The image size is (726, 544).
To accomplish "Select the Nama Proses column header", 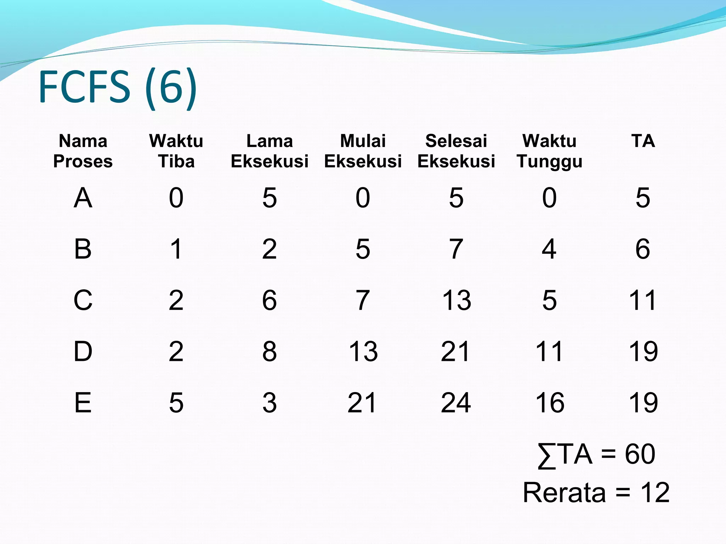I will (83, 151).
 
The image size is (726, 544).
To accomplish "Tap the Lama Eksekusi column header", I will (269, 151).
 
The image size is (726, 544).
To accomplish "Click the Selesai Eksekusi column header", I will (456, 151).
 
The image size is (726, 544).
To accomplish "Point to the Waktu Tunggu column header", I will (549, 151).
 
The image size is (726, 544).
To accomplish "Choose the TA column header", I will (643, 141).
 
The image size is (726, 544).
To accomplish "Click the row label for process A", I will (83, 198).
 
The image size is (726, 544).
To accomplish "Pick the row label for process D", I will (83, 352).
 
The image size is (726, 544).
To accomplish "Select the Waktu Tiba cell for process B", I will (176, 249).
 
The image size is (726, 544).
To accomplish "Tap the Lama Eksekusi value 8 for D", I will (269, 352).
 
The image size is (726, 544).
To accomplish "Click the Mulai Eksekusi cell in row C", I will (363, 300).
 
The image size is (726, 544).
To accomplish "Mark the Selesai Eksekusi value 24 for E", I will (456, 403).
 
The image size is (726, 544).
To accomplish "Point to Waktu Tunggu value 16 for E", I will (549, 403).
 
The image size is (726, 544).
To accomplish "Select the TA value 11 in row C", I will (643, 300).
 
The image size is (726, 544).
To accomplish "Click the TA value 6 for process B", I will (643, 249).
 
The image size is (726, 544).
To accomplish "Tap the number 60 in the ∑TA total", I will (640, 454).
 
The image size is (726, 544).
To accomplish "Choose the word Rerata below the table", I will (564, 493).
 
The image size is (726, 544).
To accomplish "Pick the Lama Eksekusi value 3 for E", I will (269, 403).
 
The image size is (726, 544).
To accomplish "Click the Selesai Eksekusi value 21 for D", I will (456, 352).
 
